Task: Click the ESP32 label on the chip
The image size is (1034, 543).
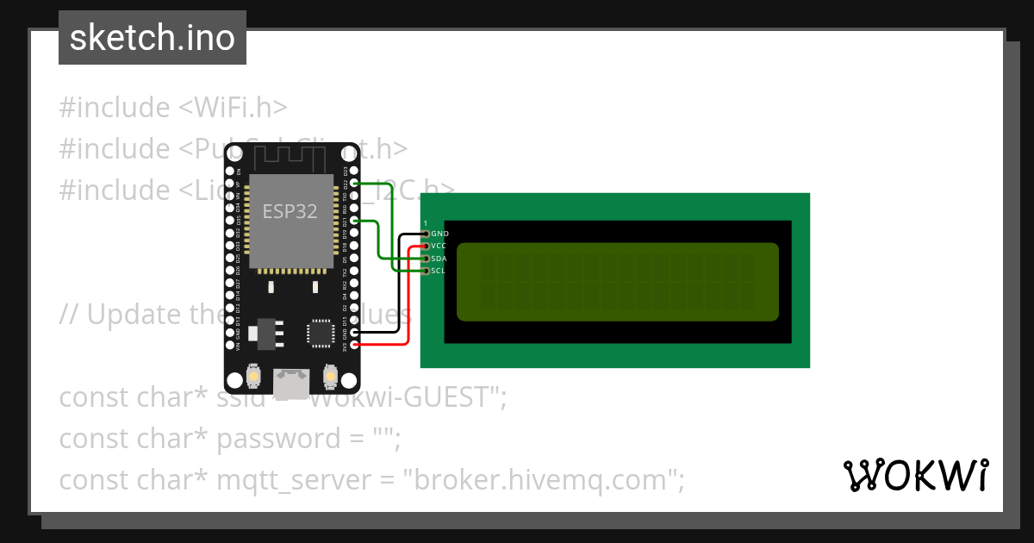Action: point(290,211)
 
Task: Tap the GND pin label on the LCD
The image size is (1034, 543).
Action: point(439,234)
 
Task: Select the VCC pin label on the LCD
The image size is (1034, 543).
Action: point(439,246)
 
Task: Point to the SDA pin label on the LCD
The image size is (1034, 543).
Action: point(439,259)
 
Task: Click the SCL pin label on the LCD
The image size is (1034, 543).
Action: point(439,271)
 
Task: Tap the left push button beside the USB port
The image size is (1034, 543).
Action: point(255,377)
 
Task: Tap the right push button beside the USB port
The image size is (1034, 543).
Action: point(330,377)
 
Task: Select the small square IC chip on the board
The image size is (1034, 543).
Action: point(321,333)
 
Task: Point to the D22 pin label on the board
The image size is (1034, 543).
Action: point(346,184)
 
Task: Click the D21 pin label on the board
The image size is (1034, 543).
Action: point(346,222)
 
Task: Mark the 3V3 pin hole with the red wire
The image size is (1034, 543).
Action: point(354,345)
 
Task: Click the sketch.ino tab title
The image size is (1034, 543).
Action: point(153,38)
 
